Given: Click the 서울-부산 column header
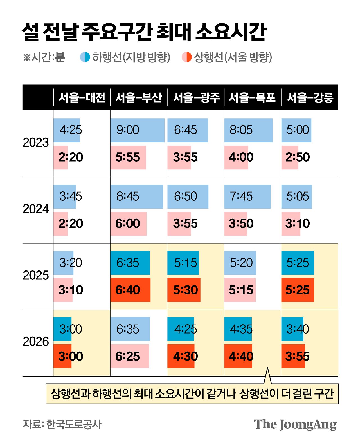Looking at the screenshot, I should coord(138,97).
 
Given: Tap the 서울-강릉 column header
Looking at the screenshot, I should coord(310,97).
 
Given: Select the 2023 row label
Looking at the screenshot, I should coord(36,143).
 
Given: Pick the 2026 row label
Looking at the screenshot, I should coord(36,341).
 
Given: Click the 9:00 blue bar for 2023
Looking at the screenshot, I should coord(137,130).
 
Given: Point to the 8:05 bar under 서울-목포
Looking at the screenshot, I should coord(248,130).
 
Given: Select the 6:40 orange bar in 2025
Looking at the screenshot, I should coord(130,290).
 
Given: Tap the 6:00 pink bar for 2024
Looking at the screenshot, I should coord(128,223).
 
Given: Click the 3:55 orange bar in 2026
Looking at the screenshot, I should coord(293,356).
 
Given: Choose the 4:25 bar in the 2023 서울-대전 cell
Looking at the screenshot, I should coord(67,130).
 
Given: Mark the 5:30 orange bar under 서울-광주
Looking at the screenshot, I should coord(184,290).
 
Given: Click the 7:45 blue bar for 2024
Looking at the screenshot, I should coord(247,196).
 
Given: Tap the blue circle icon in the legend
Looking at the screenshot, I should coord(85,57).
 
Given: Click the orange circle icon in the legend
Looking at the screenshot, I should coord(186,57).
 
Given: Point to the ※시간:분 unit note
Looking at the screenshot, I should coord(44,57).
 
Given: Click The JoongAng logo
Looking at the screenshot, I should coord(295,424).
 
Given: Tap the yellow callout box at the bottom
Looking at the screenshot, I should coord(192,394).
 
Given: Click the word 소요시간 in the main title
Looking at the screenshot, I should coord(230,32).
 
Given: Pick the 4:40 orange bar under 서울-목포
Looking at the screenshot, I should coord(238,356).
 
